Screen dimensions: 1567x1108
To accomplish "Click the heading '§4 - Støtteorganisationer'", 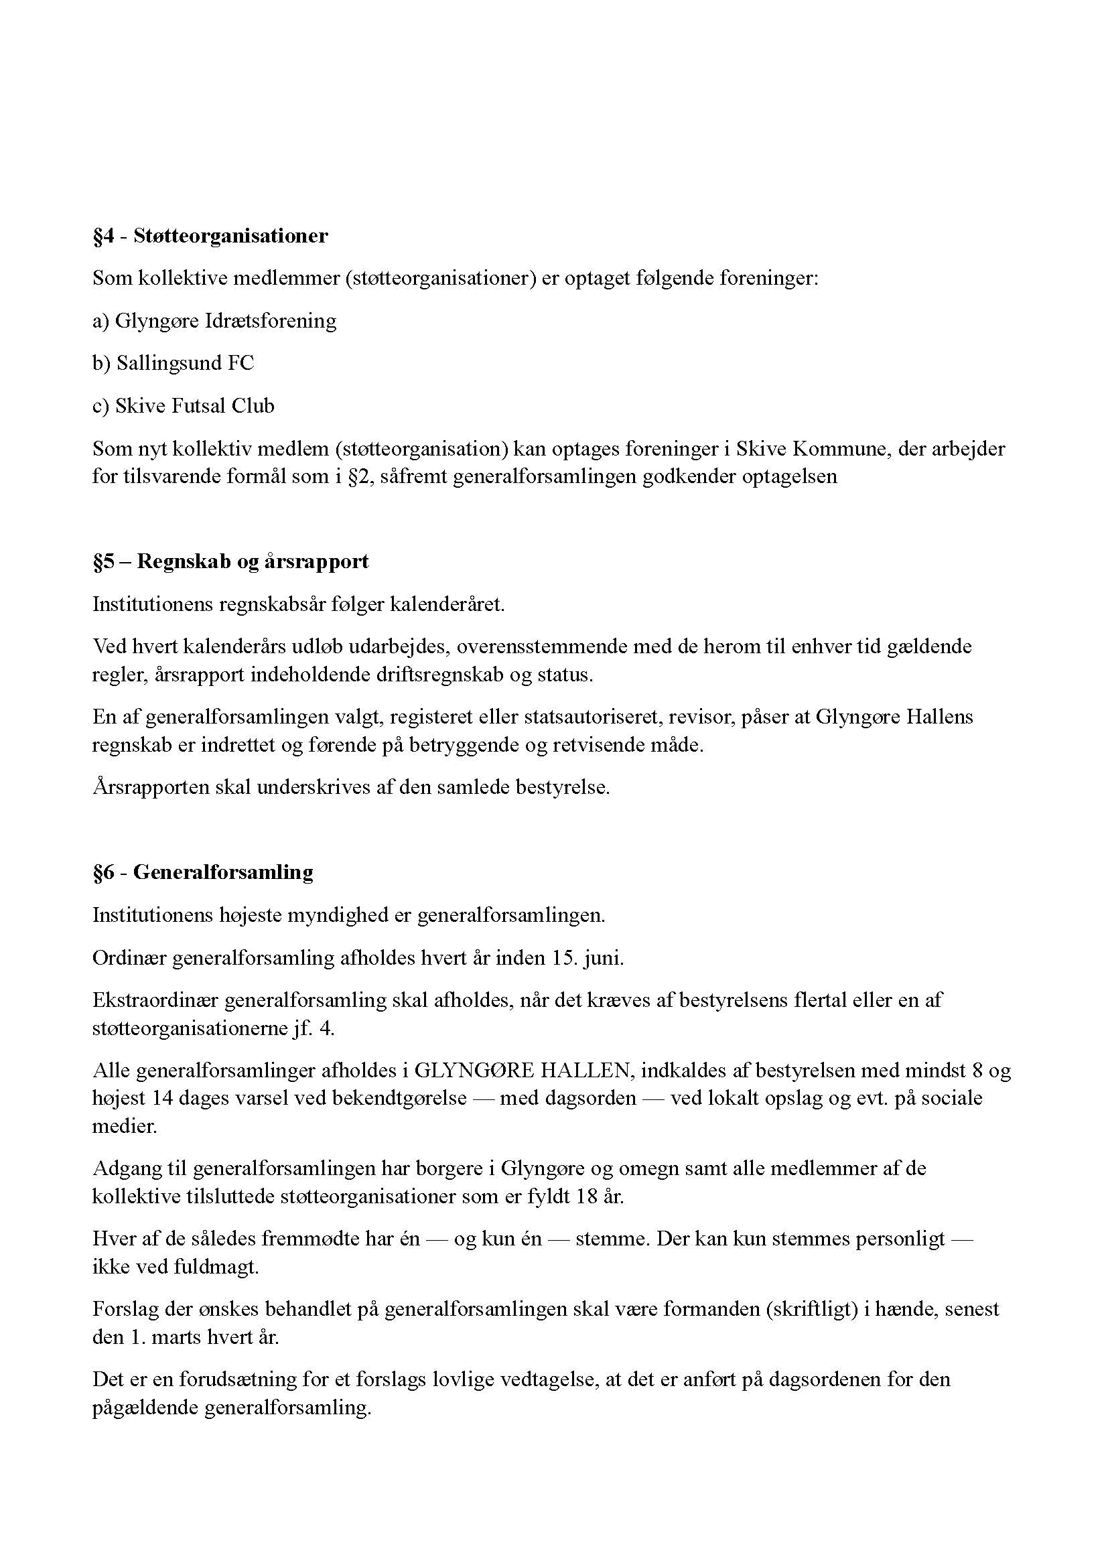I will pyautogui.click(x=210, y=236).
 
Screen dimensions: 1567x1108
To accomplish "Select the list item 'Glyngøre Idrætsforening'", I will pyautogui.click(x=225, y=321).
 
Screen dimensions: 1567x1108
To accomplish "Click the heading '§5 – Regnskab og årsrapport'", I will pyautogui.click(x=230, y=561).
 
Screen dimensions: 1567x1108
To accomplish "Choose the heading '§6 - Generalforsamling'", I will pyautogui.click(x=202, y=872).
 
